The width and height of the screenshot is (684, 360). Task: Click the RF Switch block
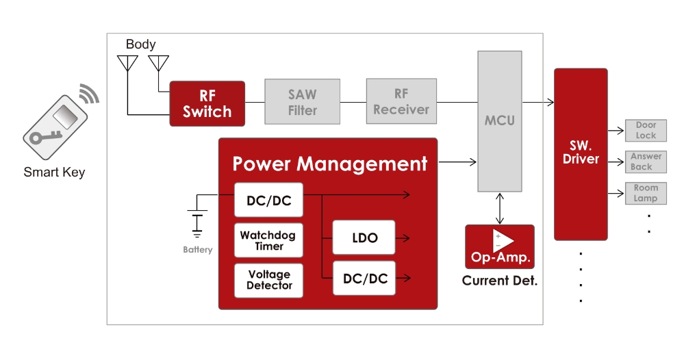click(207, 103)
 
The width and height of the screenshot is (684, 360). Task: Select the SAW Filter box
click(302, 101)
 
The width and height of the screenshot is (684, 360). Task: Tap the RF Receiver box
click(401, 101)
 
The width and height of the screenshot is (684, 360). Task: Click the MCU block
click(500, 121)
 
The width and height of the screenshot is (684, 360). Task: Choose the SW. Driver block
click(581, 153)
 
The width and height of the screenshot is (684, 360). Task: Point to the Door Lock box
click(646, 130)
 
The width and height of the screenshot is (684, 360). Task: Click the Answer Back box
click(646, 162)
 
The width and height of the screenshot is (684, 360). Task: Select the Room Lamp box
click(646, 193)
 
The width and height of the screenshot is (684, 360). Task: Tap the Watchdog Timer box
click(268, 240)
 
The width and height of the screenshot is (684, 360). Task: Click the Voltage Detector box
click(268, 280)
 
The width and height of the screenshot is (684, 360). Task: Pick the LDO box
click(364, 237)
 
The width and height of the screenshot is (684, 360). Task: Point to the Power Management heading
click(329, 164)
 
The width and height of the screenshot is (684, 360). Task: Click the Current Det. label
click(500, 281)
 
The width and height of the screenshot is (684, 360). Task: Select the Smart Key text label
click(54, 172)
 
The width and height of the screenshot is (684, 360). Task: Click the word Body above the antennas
click(140, 44)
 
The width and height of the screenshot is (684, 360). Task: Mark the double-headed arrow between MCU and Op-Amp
click(500, 208)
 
